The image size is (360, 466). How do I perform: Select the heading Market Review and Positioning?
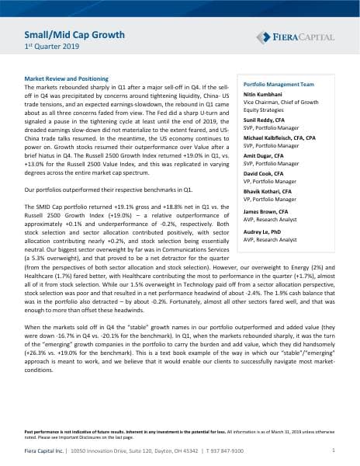(x=73, y=80)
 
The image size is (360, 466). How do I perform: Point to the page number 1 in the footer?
(x=332, y=450)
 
